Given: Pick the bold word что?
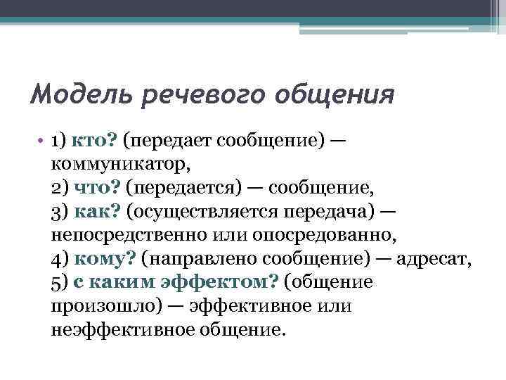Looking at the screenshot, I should coord(94,188).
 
